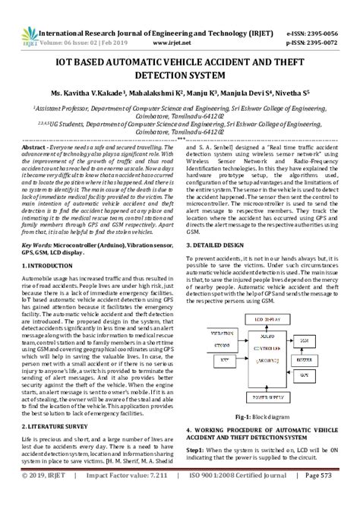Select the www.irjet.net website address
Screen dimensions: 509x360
[180, 23]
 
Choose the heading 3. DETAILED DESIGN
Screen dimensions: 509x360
[221, 245]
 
